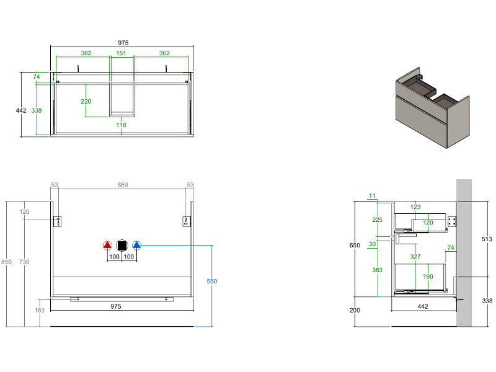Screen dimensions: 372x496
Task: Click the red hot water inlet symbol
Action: click(107, 245)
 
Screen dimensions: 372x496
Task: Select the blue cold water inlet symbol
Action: click(137, 245)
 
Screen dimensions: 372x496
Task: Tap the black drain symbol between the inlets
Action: click(122, 245)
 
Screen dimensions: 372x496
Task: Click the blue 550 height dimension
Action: click(211, 281)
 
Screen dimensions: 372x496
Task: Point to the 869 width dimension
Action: click(123, 185)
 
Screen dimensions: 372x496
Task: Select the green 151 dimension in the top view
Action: click(122, 53)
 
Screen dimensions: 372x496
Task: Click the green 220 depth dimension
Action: click(86, 101)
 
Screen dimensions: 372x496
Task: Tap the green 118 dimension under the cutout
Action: click(122, 125)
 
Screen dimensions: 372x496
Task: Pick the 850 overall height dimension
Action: click(6, 262)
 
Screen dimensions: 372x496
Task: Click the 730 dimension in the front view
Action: click(25, 262)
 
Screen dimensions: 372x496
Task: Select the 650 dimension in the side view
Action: click(355, 246)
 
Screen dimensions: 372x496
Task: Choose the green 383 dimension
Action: click(377, 270)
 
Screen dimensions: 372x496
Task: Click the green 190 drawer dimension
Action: click(428, 277)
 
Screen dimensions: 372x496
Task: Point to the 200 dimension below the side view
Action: click(355, 310)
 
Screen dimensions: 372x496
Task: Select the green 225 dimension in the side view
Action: click(378, 219)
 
